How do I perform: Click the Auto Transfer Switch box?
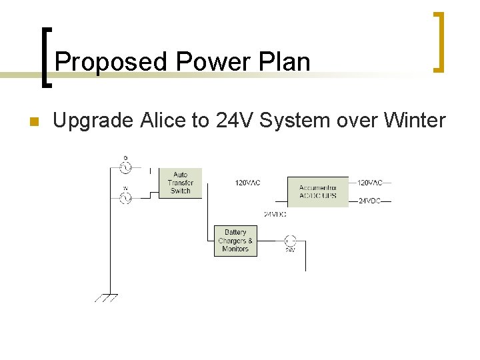180,183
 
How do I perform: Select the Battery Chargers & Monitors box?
235,241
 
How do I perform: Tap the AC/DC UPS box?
317,191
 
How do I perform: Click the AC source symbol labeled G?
125,167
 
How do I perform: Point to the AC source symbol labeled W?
125,197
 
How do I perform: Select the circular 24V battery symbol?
290,240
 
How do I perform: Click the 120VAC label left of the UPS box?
248,183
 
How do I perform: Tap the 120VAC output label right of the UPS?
371,182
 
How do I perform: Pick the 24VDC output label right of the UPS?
369,201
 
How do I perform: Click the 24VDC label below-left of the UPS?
275,214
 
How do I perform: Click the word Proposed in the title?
111,63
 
